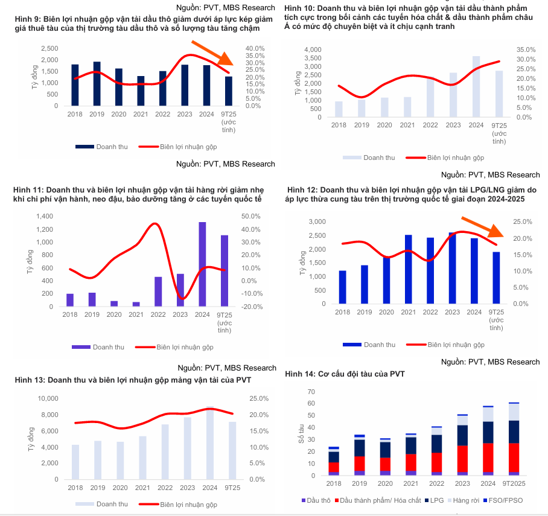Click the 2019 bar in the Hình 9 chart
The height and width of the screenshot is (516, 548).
click(97, 83)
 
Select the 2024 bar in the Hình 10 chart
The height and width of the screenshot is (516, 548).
click(476, 86)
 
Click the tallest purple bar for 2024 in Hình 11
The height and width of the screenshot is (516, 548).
click(202, 264)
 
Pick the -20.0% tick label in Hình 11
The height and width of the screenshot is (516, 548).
click(251, 307)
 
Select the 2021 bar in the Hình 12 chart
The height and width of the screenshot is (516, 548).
click(409, 269)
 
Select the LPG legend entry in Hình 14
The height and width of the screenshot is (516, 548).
click(438, 501)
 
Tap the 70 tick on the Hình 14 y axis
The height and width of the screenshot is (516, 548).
click(311, 392)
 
